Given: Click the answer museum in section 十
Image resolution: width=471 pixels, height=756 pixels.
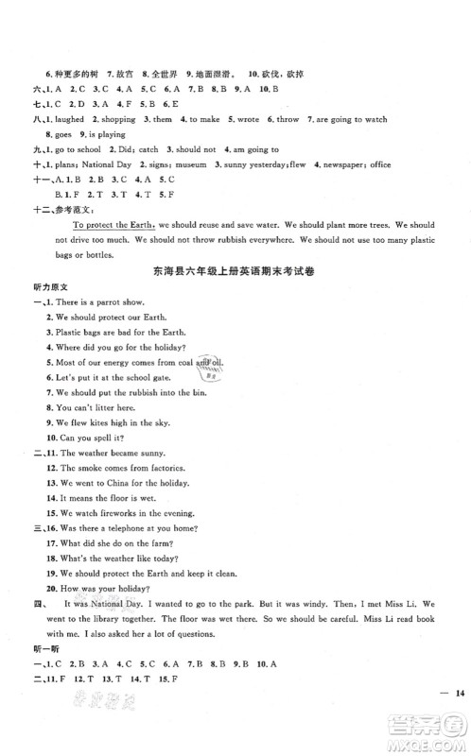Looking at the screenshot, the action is [166, 163].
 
